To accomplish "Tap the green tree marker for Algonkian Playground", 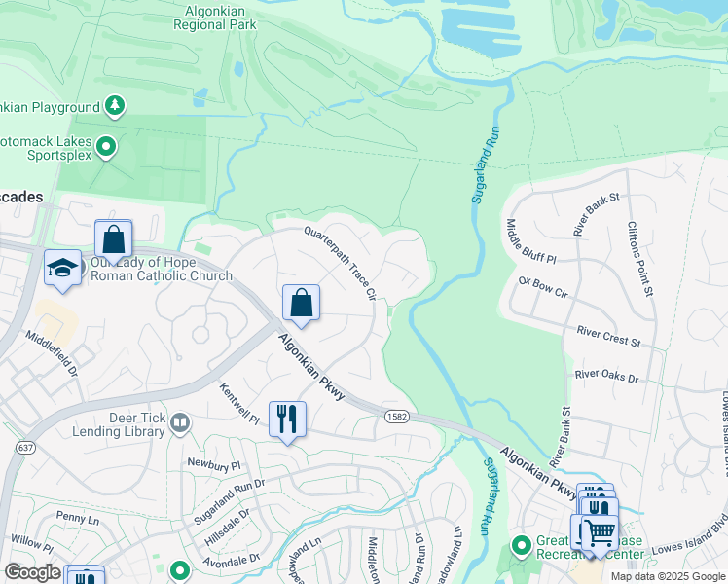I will (x=115, y=105).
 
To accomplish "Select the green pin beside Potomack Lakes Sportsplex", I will (x=106, y=148).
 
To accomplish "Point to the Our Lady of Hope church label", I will (x=161, y=269).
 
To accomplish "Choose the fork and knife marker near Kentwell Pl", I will (x=286, y=420).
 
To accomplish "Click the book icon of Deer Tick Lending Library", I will (x=179, y=422).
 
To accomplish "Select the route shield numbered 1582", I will (x=390, y=417).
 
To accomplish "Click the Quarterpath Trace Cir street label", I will (x=340, y=261).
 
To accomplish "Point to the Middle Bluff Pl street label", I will (x=529, y=241).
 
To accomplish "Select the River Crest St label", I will (x=607, y=337).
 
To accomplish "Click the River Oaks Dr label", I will (x=605, y=375).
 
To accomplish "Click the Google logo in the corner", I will (x=32, y=572).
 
